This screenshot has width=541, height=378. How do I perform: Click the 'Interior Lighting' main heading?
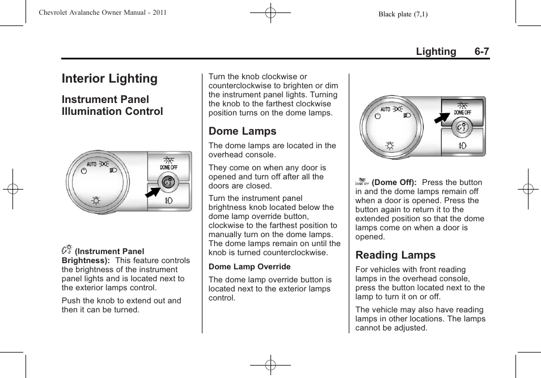coord(109,79)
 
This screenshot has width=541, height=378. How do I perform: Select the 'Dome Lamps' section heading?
coord(242,131)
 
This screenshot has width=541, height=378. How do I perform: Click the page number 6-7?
coord(481,51)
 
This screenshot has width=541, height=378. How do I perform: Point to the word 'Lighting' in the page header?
coord(436,51)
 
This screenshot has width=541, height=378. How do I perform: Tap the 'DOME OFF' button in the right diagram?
coord(463,109)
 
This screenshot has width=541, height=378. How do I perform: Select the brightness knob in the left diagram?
coord(168,182)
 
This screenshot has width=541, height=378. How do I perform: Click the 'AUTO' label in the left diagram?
coord(92,164)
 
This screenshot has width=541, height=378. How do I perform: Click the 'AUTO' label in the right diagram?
coord(385,109)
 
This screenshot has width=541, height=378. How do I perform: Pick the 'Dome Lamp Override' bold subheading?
coord(250,267)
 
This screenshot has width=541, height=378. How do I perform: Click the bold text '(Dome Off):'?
coord(394,182)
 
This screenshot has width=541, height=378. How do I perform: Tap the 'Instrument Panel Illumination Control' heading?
coord(112,105)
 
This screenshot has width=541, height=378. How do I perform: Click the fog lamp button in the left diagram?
coord(168,201)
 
